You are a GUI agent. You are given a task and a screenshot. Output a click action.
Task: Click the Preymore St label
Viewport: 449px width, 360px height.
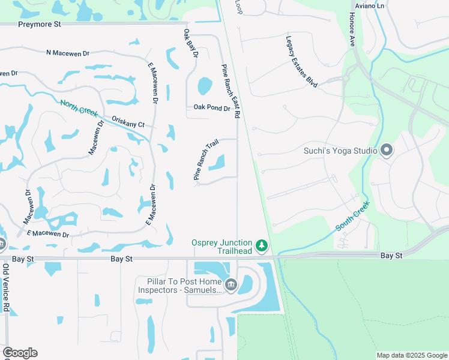[40, 25]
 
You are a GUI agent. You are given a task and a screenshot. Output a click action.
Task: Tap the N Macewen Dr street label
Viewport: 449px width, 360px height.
[68, 53]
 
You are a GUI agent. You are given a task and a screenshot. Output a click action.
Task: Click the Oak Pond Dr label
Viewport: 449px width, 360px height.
[211, 108]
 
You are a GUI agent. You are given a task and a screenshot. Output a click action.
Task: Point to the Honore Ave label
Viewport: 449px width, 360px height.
[352, 29]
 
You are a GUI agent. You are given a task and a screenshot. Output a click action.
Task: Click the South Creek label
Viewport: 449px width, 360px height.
[352, 216]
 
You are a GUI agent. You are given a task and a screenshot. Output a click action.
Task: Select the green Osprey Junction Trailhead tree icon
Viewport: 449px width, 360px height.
[261, 246]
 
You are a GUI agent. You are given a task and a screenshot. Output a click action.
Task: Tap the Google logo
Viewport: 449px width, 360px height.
[20, 353]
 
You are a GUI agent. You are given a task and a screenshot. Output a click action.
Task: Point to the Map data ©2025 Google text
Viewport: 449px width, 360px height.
[411, 355]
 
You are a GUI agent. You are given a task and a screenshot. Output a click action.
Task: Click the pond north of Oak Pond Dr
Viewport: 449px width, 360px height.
[205, 86]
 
